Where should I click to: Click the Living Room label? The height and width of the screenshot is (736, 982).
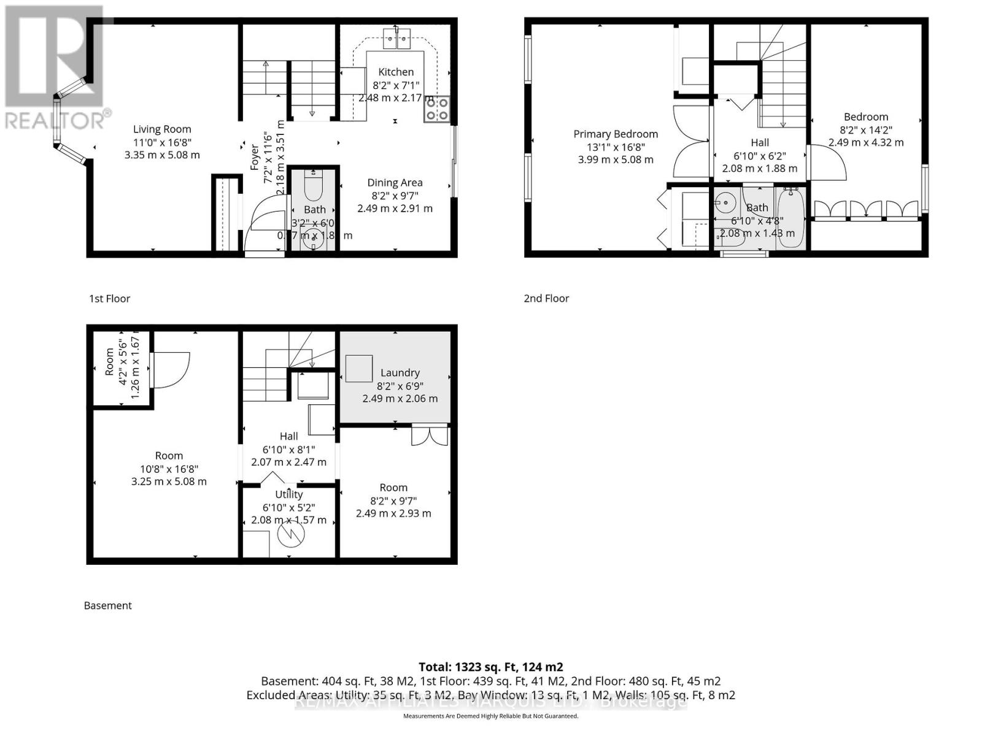162,129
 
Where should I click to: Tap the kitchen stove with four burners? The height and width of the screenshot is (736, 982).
436,109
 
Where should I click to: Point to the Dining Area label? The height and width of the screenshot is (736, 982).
395,182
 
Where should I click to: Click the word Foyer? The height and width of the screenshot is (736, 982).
255,157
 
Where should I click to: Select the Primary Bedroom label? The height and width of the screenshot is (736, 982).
615,134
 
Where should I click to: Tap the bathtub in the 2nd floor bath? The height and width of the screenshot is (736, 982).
790,218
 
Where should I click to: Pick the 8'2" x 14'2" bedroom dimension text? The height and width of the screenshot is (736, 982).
865,129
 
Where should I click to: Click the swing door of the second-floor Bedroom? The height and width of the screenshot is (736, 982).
829,161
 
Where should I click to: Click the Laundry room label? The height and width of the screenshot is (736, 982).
400,372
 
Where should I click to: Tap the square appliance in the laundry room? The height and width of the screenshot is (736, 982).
358,369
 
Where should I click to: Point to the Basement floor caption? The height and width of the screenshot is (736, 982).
108,605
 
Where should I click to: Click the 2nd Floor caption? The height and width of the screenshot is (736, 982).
546,298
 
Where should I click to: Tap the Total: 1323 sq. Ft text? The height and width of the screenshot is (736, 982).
490,667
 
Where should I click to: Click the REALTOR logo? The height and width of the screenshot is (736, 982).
55,67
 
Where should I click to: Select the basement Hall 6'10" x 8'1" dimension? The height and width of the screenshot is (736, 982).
288,449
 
